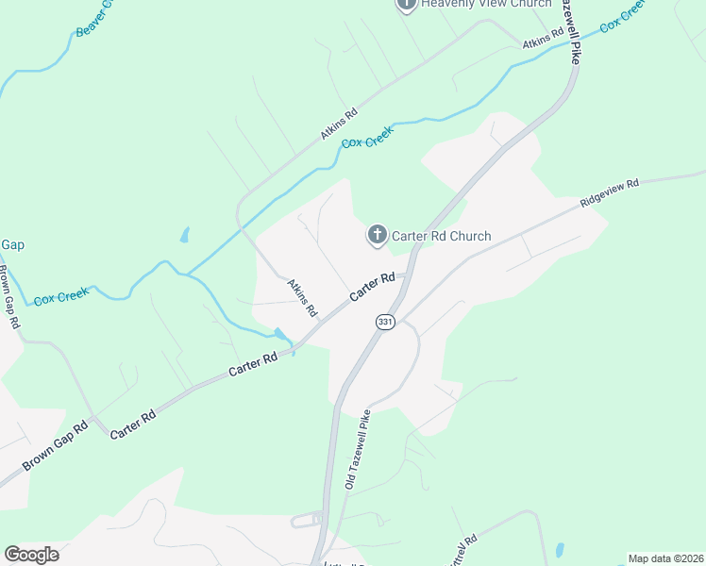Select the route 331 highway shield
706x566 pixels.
pyautogui.click(x=384, y=322)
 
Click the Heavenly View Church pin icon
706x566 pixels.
pyautogui.click(x=407, y=4)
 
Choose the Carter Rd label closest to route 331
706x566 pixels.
pyautogui.click(x=372, y=288)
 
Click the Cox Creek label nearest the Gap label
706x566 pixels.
pyautogui.click(x=61, y=296)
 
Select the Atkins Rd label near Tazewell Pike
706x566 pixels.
pyautogui.click(x=543, y=39)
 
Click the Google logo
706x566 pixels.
pyautogui.click(x=31, y=555)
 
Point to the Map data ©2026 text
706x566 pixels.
pyautogui.click(x=665, y=558)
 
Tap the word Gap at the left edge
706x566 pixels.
pyautogui.click(x=12, y=244)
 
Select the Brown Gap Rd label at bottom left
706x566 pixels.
pyautogui.click(x=55, y=443)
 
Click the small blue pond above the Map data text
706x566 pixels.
pyautogui.click(x=561, y=549)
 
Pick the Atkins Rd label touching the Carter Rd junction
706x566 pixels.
pyautogui.click(x=303, y=296)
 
